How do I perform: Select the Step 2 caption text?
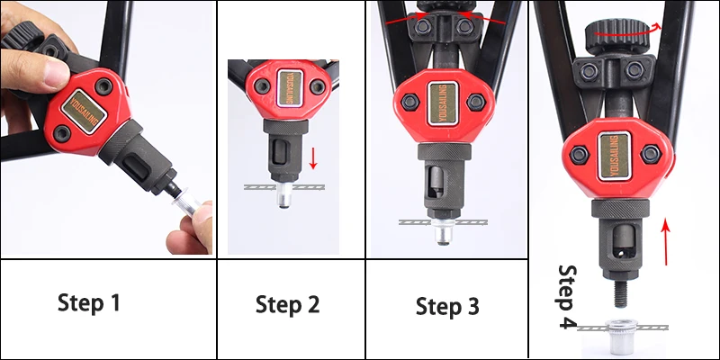click(288, 305)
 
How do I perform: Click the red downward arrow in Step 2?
click(312, 159)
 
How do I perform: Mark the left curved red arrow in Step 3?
click(405, 19)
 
